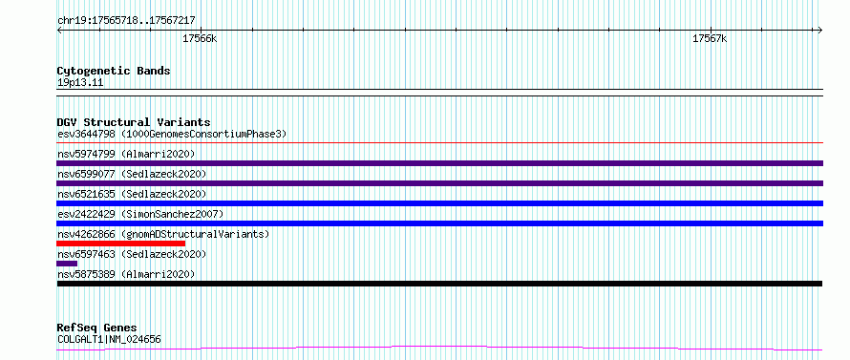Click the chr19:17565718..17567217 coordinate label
tap(126, 21)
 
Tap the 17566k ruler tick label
tap(200, 39)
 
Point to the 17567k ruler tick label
tap(710, 39)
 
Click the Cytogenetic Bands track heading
tap(114, 71)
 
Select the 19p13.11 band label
tap(80, 83)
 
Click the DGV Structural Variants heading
tap(134, 122)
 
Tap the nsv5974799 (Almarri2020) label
tap(126, 154)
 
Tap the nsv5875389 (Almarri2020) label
tap(126, 274)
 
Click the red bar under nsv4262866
tap(121, 244)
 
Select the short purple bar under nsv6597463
tap(67, 264)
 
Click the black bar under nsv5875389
tap(439, 284)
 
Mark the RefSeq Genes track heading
tap(96, 328)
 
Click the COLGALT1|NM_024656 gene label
tap(109, 340)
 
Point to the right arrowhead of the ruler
tap(820, 30)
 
